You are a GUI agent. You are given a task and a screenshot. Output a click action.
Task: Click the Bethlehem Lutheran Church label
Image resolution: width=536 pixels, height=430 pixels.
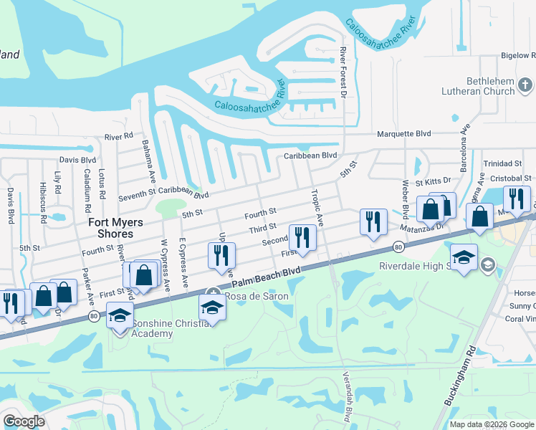coord(489,86)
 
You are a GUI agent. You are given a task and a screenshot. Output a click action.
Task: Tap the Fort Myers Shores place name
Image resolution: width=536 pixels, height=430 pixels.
coord(110,228)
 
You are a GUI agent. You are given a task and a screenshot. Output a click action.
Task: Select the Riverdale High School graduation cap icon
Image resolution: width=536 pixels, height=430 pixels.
coord(464,257)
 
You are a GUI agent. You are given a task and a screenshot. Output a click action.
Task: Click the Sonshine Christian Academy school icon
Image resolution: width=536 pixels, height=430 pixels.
coord(120,315)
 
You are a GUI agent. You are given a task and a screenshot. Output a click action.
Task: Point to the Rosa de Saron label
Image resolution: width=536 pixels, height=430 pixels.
coord(257,296)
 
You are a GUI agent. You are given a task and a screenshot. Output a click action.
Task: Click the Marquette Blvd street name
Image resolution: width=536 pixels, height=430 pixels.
coord(404,133)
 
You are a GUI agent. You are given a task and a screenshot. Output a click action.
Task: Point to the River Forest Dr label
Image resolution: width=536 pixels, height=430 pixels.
coord(343,72)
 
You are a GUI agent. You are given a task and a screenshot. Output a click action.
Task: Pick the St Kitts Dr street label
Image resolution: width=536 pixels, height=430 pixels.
coord(433,182)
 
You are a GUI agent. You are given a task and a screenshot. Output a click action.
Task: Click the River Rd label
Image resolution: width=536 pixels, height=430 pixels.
coord(118,136)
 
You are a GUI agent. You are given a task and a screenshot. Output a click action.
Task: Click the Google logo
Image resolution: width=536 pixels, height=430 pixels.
coord(24,421)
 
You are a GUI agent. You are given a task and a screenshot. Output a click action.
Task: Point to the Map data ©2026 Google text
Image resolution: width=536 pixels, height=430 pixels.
coord(491,424)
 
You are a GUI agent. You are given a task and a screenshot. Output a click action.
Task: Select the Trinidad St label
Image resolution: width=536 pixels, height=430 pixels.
coord(507,164)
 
